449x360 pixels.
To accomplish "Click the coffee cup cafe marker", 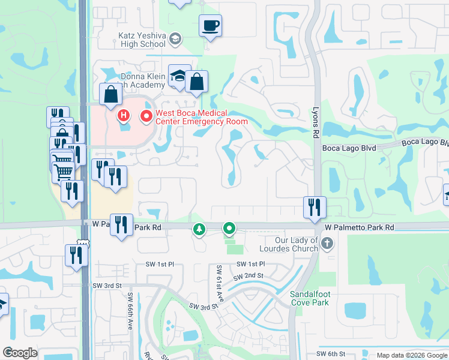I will point(210,26).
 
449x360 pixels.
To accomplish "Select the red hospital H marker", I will point(124,115).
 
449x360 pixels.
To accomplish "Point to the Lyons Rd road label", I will point(315,124).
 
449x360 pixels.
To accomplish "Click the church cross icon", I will point(327,244).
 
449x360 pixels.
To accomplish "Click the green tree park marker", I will point(199,229).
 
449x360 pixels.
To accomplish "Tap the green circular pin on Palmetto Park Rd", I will point(229,228).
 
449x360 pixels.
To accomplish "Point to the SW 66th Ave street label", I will point(130,310).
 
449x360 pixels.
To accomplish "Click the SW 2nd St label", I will point(249,276).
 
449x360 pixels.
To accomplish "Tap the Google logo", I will point(20,352).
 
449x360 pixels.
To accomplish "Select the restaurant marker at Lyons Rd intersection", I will point(315,207).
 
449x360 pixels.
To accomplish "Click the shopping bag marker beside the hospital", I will point(110,94).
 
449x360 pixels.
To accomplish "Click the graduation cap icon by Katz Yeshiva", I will point(175,40).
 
